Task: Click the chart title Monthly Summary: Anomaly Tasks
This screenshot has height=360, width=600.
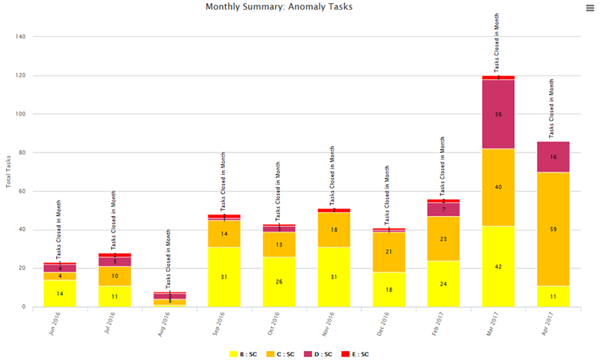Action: point(279,7)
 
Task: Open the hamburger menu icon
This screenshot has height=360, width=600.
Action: point(590,7)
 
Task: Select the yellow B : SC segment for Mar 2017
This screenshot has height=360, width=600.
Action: point(498,266)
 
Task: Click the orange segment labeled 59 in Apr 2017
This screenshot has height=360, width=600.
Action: point(553,229)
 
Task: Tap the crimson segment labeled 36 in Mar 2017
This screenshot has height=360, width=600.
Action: point(498,115)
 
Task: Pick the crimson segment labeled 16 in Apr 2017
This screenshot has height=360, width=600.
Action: point(553,157)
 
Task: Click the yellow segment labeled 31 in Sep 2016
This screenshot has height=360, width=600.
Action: point(224,277)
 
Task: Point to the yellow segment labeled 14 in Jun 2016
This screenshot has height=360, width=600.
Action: point(60,293)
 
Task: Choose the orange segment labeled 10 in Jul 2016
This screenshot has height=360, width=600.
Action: point(115,276)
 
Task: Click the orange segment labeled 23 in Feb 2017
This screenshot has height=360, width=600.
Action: point(443,238)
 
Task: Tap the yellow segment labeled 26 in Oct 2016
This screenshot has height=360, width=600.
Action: point(279,281)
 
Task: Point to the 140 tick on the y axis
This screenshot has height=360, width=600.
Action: point(20,37)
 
